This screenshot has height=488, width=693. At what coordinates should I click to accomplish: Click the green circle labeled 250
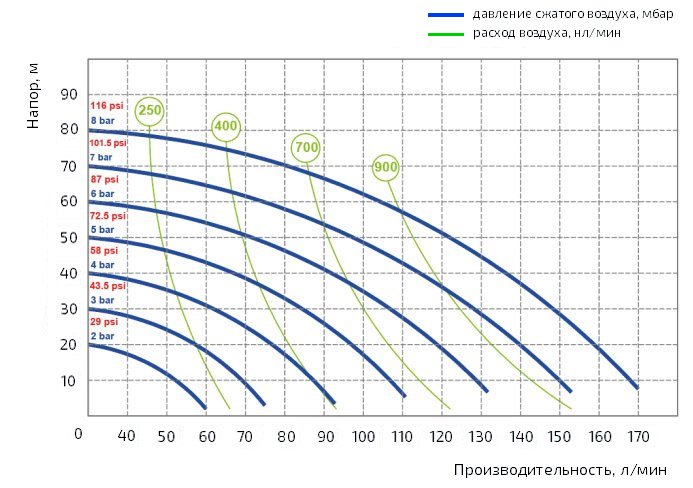pyautogui.click(x=149, y=111)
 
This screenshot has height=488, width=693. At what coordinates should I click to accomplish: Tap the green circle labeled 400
pyautogui.click(x=226, y=126)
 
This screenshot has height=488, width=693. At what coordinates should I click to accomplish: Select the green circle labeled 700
pyautogui.click(x=306, y=148)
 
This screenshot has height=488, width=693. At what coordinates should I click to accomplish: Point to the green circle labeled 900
pyautogui.click(x=386, y=167)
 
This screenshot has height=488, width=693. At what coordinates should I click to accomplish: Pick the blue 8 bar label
pyautogui.click(x=102, y=120)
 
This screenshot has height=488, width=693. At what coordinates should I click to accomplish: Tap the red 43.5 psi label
pyautogui.click(x=108, y=286)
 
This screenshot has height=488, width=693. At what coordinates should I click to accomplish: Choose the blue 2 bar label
pyautogui.click(x=102, y=337)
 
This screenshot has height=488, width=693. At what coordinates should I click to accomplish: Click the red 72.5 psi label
pyautogui.click(x=108, y=215)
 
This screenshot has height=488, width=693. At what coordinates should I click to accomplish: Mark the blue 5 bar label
pyautogui.click(x=102, y=229)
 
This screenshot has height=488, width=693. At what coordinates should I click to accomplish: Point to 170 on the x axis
pyautogui.click(x=637, y=436)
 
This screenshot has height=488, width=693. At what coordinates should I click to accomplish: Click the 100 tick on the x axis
pyautogui.click(x=364, y=436)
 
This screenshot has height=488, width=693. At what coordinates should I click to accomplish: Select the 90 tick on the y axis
pyautogui.click(x=70, y=94)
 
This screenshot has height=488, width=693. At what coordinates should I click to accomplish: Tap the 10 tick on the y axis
pyautogui.click(x=70, y=381)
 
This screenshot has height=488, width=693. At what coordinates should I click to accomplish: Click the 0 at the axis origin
pyautogui.click(x=78, y=434)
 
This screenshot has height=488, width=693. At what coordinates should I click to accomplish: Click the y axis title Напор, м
pyautogui.click(x=33, y=96)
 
